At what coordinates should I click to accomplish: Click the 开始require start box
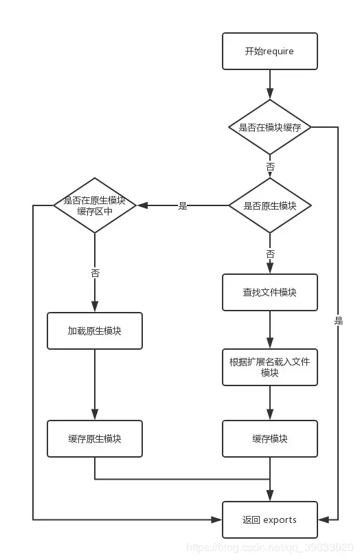click(269, 51)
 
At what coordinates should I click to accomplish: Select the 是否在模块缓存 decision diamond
click(269, 127)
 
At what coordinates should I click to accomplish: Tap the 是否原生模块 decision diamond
click(269, 205)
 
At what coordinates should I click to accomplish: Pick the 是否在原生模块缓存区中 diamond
click(95, 205)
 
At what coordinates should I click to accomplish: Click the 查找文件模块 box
click(269, 293)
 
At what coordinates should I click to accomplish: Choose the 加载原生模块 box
click(95, 331)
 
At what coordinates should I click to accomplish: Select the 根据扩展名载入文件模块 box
click(269, 367)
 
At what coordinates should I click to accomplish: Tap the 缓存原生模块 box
click(95, 438)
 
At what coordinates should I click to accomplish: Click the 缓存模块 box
click(269, 438)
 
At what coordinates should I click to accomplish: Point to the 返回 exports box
click(269, 519)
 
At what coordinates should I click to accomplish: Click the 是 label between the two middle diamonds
click(183, 205)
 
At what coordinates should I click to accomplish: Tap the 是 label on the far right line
click(339, 320)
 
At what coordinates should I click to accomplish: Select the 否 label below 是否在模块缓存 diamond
click(270, 167)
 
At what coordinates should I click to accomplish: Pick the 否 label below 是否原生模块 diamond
click(270, 254)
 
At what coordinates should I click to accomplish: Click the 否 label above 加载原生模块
click(95, 273)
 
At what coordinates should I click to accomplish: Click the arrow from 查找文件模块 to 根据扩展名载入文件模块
click(269, 330)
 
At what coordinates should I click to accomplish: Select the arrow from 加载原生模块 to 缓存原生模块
click(95, 384)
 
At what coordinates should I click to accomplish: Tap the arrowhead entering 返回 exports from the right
click(324, 519)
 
